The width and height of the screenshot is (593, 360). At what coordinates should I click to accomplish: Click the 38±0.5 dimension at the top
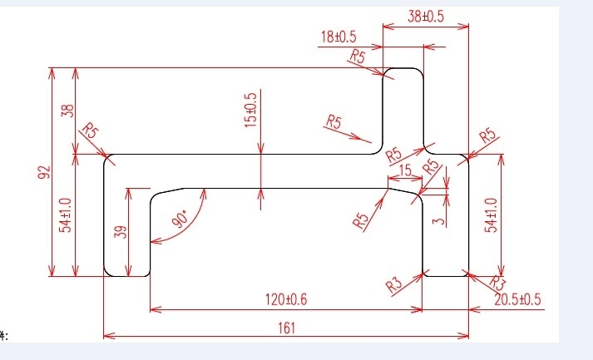(x=425, y=16)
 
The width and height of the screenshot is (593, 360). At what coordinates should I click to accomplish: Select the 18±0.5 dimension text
(x=339, y=37)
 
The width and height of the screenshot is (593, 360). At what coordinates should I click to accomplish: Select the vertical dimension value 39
(x=120, y=232)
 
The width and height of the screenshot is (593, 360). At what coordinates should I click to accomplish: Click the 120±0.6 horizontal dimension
(x=287, y=300)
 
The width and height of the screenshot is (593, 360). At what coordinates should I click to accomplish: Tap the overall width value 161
(x=285, y=328)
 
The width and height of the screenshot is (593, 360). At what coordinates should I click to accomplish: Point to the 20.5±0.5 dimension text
(x=518, y=299)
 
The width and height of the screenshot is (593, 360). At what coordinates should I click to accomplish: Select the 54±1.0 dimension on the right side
(x=491, y=215)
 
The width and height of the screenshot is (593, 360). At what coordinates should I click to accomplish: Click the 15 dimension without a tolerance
(x=404, y=170)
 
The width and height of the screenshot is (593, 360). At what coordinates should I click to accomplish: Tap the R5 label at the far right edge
(x=487, y=136)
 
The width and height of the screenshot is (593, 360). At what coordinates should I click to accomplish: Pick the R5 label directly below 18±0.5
(x=358, y=57)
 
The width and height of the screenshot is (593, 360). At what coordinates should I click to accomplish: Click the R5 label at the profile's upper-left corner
(x=89, y=131)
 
